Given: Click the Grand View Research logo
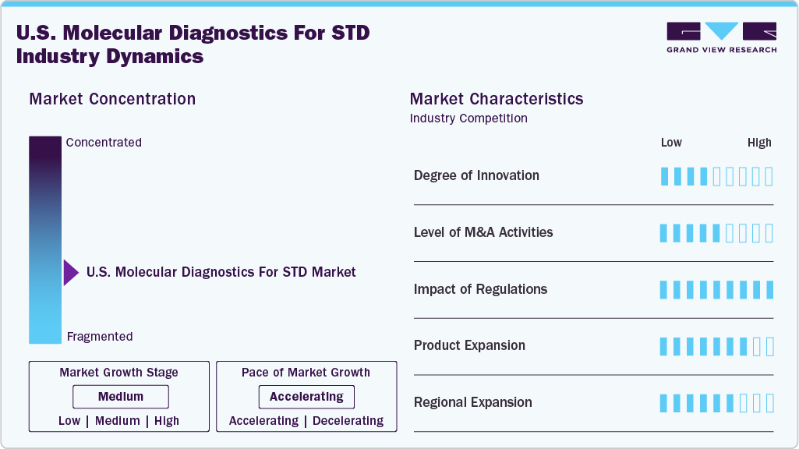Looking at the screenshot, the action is click(722, 37).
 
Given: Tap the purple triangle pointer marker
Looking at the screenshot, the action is click(71, 273).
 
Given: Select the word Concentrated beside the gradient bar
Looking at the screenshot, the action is click(104, 142).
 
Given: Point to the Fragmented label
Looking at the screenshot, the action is click(100, 337).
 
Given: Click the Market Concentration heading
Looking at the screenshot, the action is click(112, 99).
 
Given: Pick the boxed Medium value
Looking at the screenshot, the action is click(121, 397).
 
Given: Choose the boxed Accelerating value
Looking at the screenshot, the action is click(306, 397).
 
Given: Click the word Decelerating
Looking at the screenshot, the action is click(348, 421).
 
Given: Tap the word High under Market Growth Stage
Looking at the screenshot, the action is click(167, 421).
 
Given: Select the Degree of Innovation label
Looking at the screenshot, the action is click(476, 175).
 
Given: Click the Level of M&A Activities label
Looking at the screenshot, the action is click(483, 232).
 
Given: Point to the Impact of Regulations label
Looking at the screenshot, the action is click(480, 289).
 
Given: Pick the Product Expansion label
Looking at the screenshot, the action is click(469, 345).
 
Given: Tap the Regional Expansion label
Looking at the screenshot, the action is click(473, 402).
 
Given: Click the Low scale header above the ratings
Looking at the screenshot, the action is click(671, 143).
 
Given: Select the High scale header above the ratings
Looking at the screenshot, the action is click(759, 143).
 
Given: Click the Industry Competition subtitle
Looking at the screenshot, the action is click(468, 118).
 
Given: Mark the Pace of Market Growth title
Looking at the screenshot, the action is click(306, 373).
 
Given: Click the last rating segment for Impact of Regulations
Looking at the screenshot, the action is click(769, 290).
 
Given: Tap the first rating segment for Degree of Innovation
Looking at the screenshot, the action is click(664, 176).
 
